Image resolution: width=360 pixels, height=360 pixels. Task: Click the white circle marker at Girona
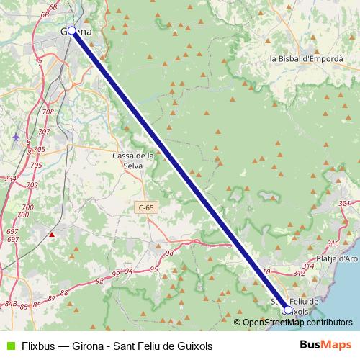coord(72,31)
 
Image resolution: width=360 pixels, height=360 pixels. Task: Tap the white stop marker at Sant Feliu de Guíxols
coord(288,310)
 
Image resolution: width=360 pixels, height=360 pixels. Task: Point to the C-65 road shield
coord(146,207)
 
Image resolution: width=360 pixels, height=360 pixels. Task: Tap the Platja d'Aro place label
coord(338,258)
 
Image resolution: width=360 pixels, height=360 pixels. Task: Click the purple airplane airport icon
coord(16,136)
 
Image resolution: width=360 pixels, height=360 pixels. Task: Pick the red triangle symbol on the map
coord(51,234)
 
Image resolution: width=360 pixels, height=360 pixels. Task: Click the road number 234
coord(10,179)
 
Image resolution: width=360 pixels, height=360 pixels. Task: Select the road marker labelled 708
coord(48,112)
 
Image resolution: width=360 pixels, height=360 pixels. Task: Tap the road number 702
coord(31,185)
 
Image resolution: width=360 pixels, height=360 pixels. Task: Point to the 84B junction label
coord(11,303)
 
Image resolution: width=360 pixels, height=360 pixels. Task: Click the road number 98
coord(170,253)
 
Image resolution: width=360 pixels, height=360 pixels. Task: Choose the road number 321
coord(343,204)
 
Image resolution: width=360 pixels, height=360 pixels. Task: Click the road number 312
coord(298,274)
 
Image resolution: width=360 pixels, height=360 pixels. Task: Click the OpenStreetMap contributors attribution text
coord(297,323)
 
